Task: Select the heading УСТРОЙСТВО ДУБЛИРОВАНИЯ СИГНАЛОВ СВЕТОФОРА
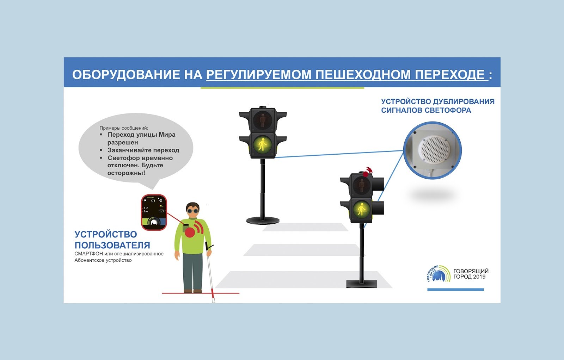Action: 437,106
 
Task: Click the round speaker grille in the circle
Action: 435,150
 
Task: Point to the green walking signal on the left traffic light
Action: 262,144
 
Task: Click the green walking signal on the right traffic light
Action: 361,209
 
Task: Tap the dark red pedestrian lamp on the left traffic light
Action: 262,120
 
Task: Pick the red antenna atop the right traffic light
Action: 367,171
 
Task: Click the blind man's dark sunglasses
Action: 193,211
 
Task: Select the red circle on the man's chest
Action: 190,231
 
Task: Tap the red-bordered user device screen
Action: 154,212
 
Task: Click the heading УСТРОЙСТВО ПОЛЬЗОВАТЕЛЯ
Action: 112,240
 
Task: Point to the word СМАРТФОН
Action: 88,254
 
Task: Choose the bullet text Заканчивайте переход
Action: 143,150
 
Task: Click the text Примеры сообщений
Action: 124,128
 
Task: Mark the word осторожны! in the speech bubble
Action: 126,173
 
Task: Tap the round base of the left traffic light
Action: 263,221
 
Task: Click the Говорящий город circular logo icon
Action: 439,274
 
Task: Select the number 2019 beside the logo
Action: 479,277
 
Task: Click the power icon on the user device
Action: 161,200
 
